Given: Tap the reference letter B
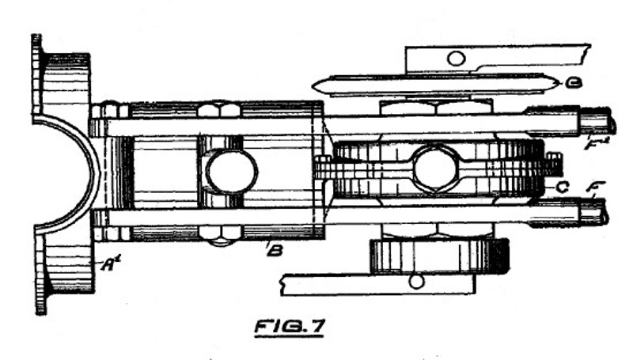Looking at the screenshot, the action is pos(274,252).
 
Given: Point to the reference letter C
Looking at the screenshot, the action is pos(563,187).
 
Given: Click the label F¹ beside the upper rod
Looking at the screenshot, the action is pos(591,145).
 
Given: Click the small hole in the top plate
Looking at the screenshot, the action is pos(456,59).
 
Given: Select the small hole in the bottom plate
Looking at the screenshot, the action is pos(417,281).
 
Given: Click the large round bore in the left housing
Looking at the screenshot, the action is pos(231,172).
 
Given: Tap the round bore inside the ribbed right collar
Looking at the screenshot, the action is pos(436,168).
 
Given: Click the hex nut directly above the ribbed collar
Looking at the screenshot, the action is pos(435,107).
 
